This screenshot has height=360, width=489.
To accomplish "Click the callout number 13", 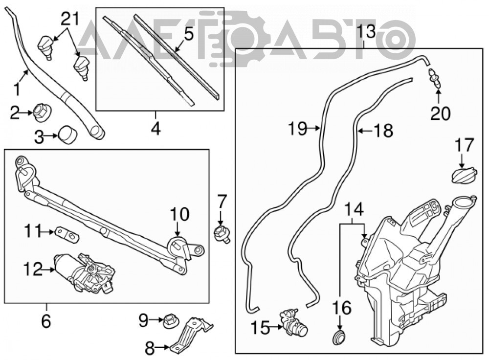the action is tap(366, 31).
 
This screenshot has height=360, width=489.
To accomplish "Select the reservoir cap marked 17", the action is tap(464, 175).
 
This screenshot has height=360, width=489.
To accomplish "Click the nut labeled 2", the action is tap(42, 112).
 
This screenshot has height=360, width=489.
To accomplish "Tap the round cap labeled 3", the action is tap(68, 135).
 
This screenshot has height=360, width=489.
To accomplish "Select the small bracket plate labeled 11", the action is tap(67, 234).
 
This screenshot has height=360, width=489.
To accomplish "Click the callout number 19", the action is tap(298, 128).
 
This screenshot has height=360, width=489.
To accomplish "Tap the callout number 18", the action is tap(383, 130).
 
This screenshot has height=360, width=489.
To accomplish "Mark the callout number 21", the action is tap(70, 20).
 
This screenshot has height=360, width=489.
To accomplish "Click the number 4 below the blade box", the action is tap(156, 128).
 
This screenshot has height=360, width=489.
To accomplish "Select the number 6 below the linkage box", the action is tap(46, 321).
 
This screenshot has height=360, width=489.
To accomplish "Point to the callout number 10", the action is tap(179, 214).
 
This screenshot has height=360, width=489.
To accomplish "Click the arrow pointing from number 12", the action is tap(48, 269).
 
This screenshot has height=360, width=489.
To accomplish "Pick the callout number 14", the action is tap(354, 209).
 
